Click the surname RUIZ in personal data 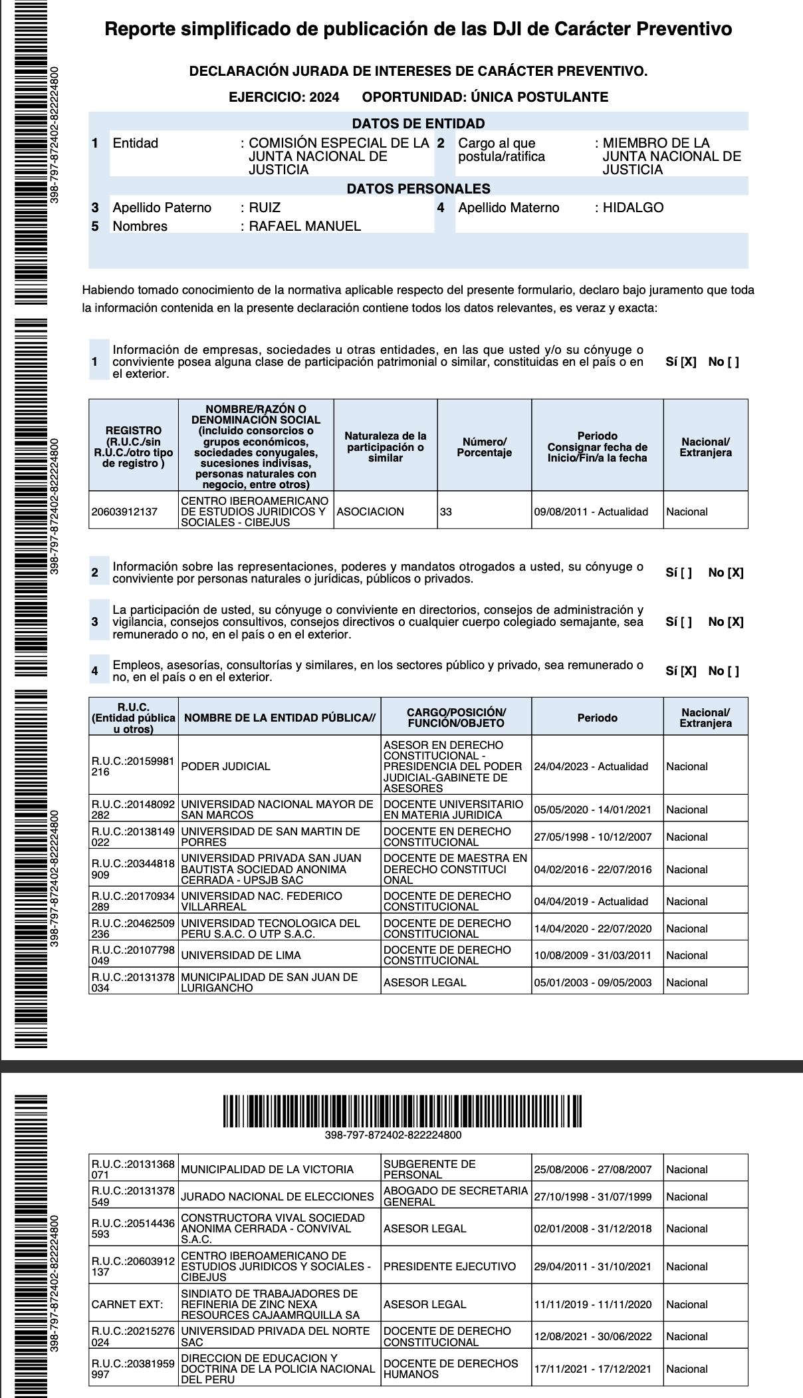coord(265,208)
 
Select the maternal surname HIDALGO coord(633,208)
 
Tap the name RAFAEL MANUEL coord(304,226)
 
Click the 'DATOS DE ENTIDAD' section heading coord(418,124)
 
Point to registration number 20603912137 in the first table coord(125,511)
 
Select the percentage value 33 coord(446,511)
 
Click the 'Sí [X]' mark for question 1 coord(681,362)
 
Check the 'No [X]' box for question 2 coord(726,573)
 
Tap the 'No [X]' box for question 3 coord(726,622)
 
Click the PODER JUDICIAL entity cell coord(226,766)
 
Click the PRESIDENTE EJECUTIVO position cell coord(449,1266)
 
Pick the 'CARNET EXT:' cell coord(127,1304)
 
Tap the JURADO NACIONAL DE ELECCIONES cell coord(277,1196)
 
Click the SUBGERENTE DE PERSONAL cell coord(429,1169)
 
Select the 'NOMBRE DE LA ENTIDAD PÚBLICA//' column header coord(280,718)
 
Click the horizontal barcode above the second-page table coord(401,1111)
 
